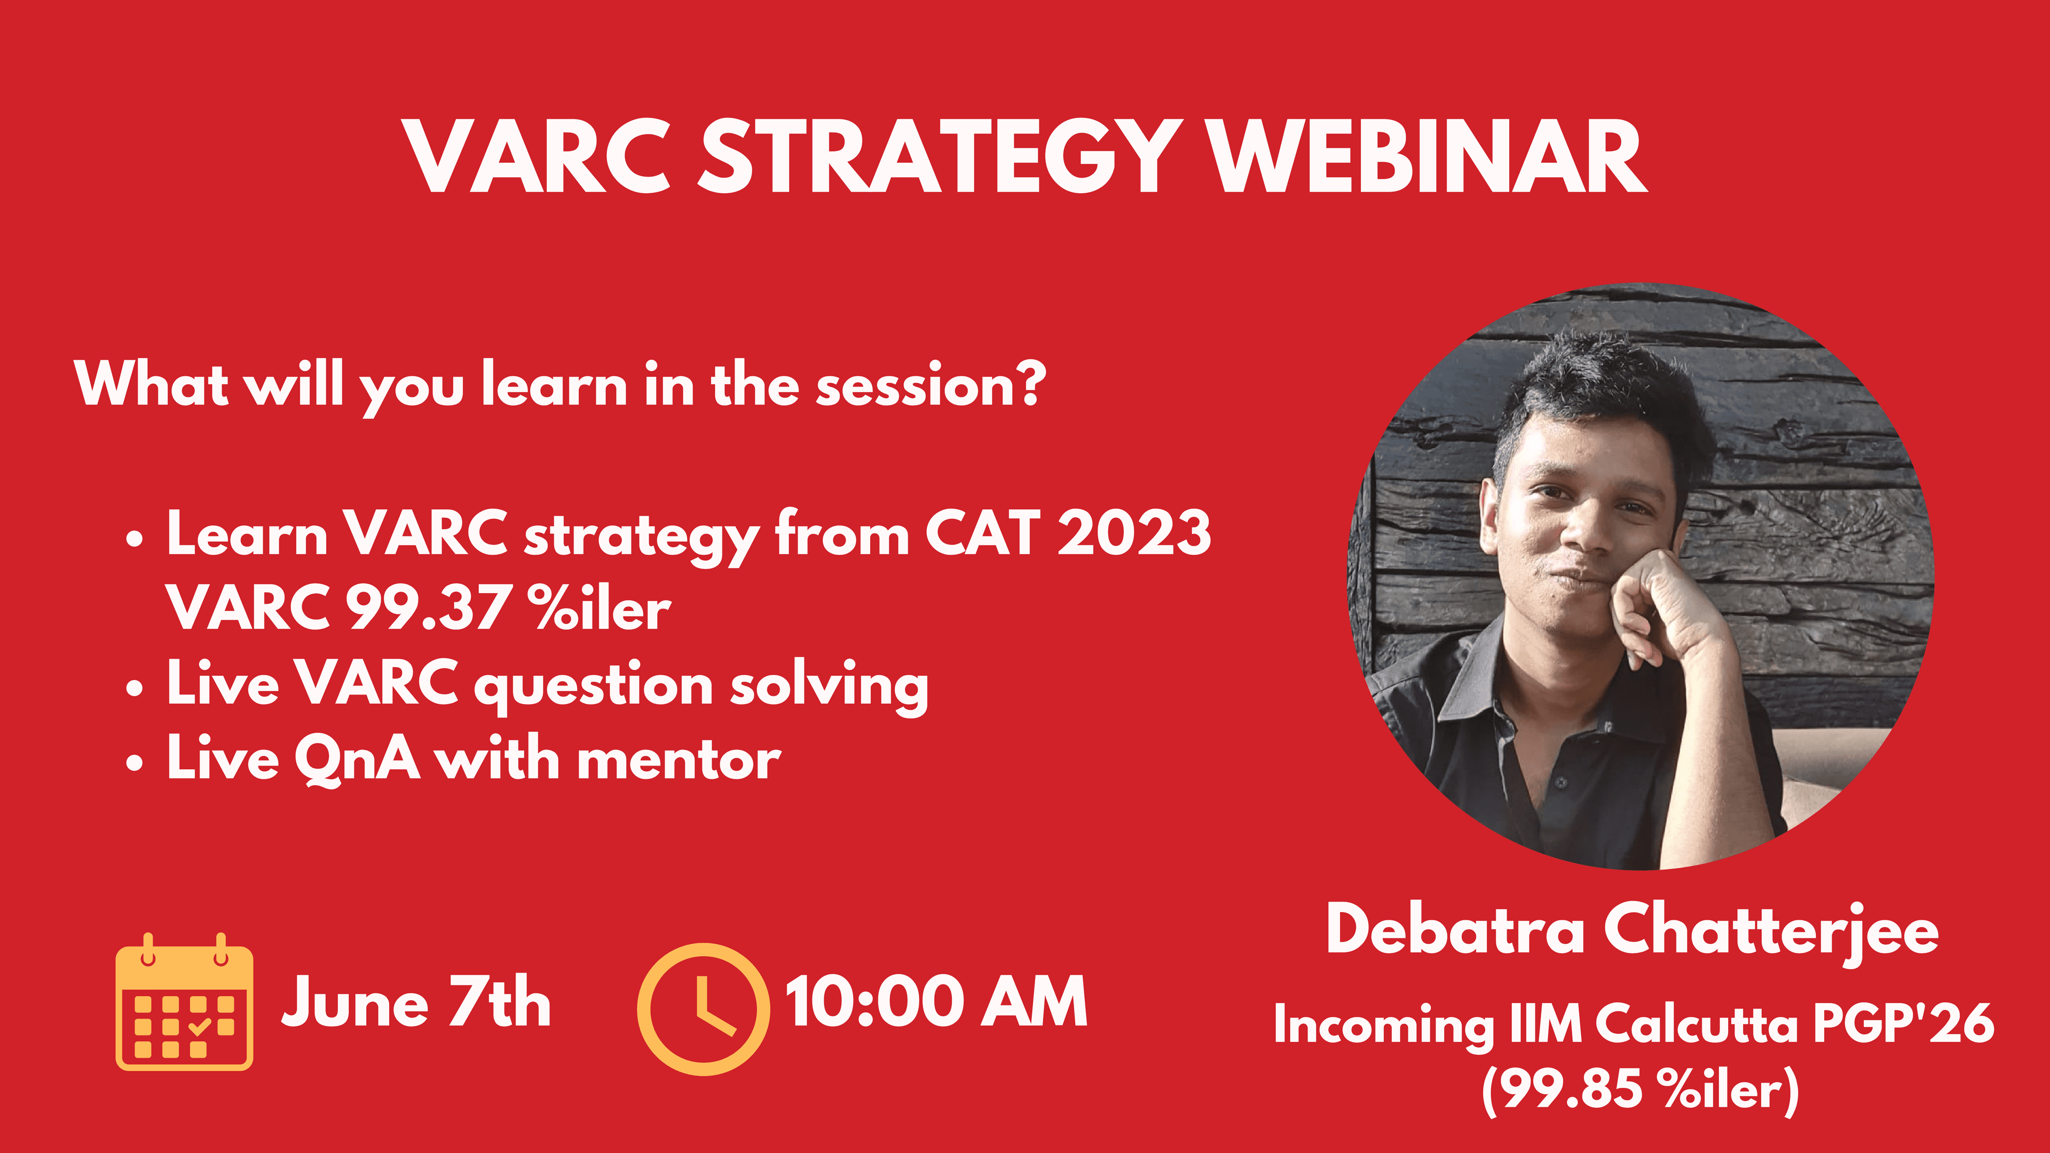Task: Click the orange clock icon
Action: coord(704,1009)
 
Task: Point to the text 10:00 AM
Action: coord(936,1002)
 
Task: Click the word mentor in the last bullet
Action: coord(679,760)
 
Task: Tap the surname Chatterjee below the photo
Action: coord(1771,931)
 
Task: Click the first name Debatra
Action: coord(1455,931)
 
